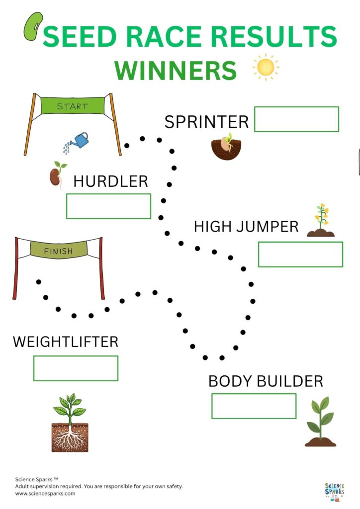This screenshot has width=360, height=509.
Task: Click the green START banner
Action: [x=73, y=106]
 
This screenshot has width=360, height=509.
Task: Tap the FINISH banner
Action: [x=58, y=250]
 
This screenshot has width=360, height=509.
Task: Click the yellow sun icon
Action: [x=266, y=67]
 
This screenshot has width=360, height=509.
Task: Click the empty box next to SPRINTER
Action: [x=296, y=119]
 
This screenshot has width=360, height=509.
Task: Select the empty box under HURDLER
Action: [x=108, y=206]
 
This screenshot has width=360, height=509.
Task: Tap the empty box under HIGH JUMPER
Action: [x=300, y=254]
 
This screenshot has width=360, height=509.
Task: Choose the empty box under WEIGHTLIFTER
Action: [x=76, y=368]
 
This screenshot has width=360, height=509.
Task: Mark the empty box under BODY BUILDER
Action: [x=254, y=406]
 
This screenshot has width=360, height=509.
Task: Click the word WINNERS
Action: [x=176, y=70]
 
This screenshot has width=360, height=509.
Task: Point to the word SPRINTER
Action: [x=206, y=122]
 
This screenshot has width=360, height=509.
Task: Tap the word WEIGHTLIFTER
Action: [x=66, y=342]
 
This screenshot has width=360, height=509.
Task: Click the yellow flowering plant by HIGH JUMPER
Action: [x=321, y=221]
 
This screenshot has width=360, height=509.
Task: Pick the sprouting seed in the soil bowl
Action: [x=226, y=147]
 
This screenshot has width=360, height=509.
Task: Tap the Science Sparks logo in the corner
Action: [x=334, y=490]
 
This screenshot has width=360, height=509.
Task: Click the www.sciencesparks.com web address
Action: [x=45, y=494]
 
